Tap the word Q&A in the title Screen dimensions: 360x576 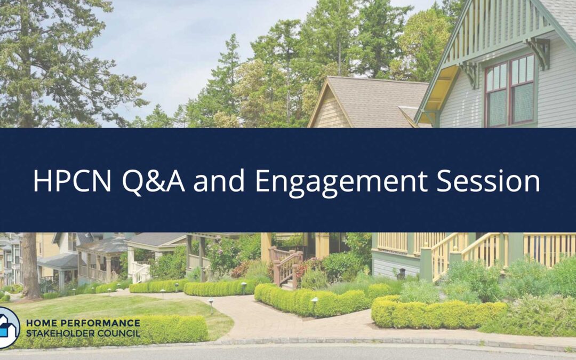coord(154,181)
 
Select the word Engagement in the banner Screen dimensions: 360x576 coord(340,182)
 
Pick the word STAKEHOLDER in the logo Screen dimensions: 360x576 coord(58,334)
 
